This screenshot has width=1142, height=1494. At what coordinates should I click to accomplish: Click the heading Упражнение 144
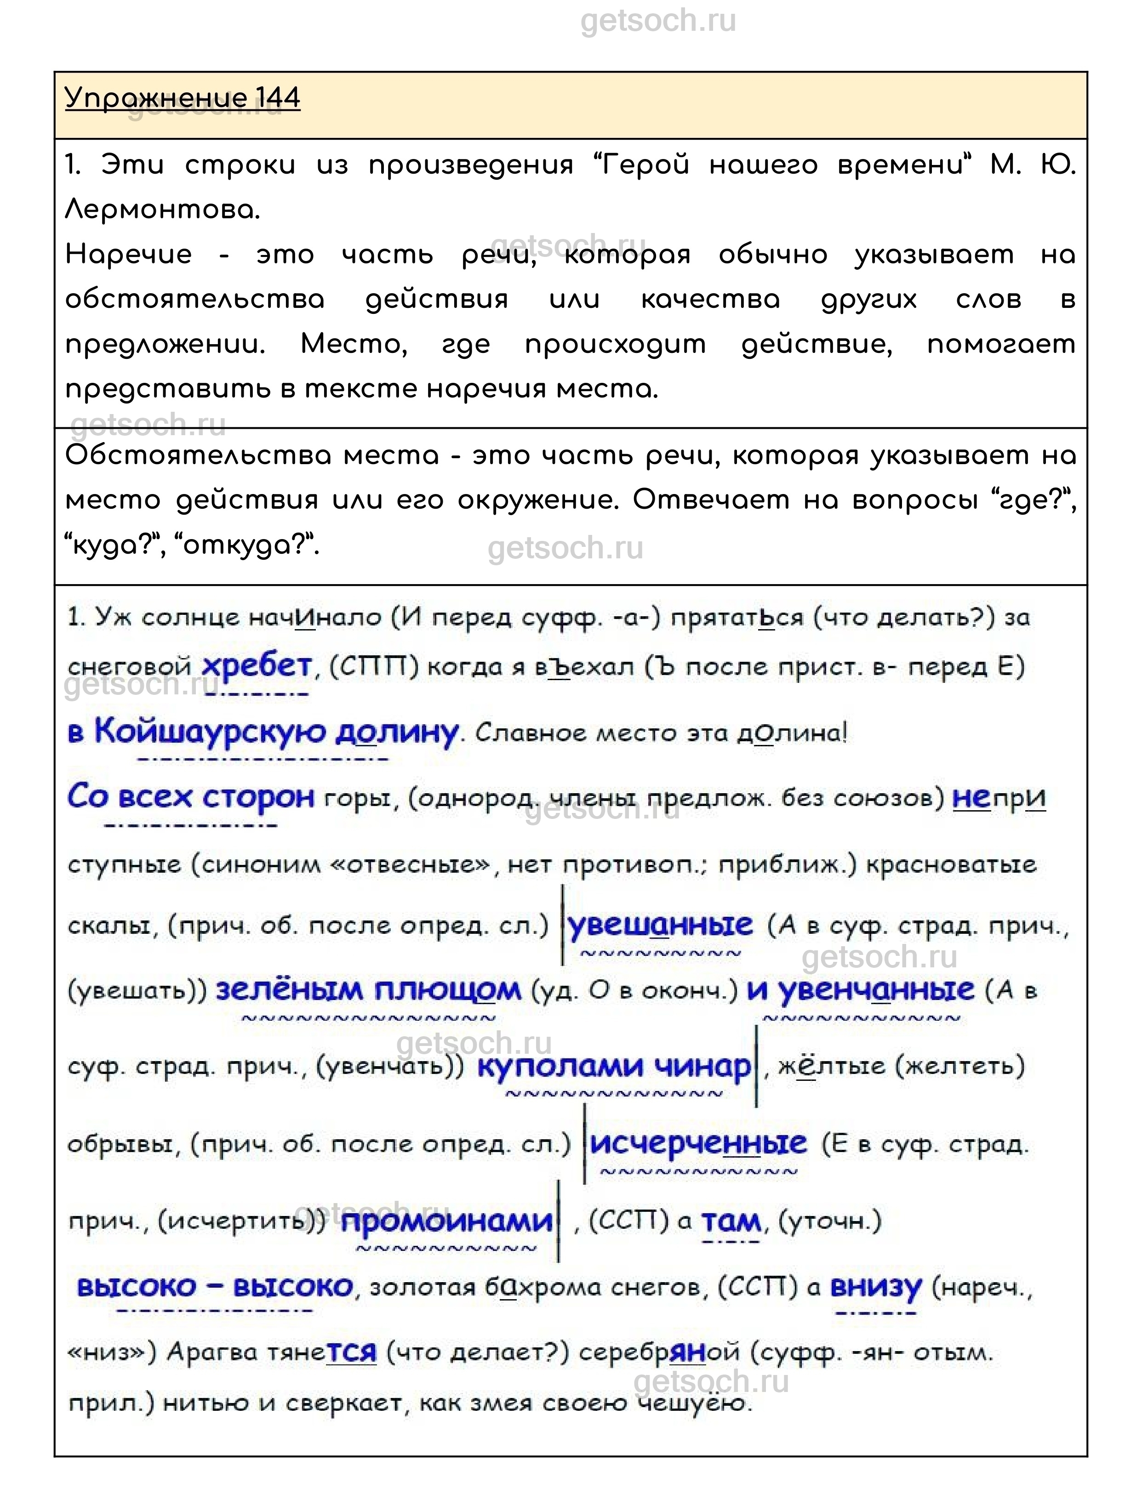pos(182,98)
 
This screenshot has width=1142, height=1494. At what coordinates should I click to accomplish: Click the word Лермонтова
pos(162,210)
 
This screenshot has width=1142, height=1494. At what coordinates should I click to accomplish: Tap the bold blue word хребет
pos(257,666)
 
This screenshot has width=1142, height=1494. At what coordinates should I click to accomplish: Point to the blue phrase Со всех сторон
pos(191,797)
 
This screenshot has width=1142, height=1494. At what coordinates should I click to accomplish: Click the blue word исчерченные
pos(698,1143)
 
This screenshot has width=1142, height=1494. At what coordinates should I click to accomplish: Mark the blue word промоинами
pos(446,1221)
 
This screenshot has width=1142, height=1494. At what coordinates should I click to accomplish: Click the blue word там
pos(731,1221)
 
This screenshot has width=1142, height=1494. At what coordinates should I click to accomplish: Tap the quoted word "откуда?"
pos(248,545)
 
